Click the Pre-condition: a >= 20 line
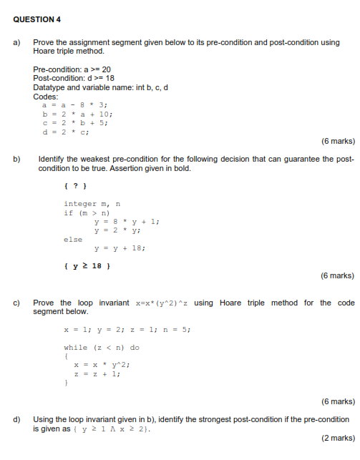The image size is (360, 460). [x=72, y=69]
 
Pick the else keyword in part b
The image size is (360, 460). [x=73, y=240]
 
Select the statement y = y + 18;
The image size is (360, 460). [x=120, y=248]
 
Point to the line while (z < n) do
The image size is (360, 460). [x=102, y=347]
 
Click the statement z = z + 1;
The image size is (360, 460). [x=99, y=373]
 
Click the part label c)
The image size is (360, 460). [x=16, y=303]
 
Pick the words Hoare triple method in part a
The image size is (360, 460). [x=65, y=52]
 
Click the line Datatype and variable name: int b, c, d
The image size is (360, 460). [x=99, y=87]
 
